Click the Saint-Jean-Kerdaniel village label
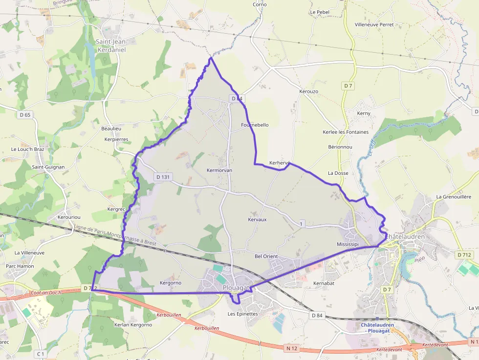click(111, 45)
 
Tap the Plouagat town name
click(236, 288)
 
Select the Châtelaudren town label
click(405, 236)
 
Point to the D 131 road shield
click(163, 177)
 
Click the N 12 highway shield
click(292, 347)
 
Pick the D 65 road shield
click(24, 115)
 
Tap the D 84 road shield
click(317, 316)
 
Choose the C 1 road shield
click(40, 354)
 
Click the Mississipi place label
click(348, 244)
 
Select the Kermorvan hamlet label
click(219, 170)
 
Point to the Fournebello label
click(255, 125)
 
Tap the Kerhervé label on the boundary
click(280, 163)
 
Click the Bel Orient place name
click(266, 256)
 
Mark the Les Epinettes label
click(243, 314)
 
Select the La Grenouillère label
click(454, 197)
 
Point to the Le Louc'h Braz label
click(28, 149)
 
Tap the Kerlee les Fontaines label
click(346, 132)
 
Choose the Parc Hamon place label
click(20, 266)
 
